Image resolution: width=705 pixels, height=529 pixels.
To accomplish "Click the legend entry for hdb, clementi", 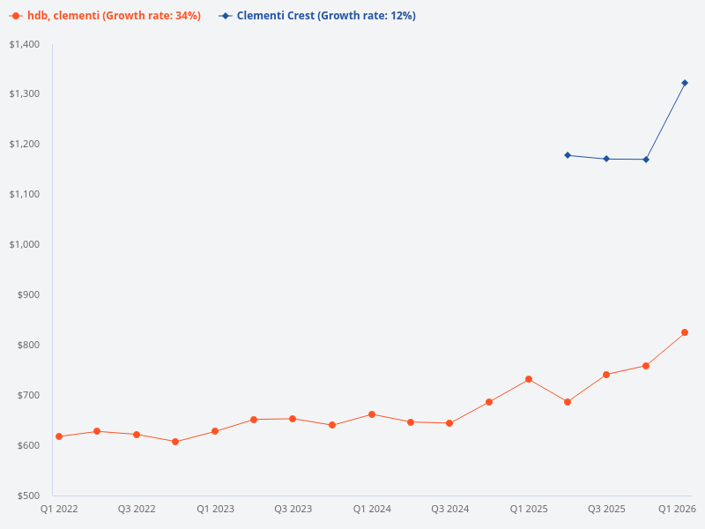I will (106, 16).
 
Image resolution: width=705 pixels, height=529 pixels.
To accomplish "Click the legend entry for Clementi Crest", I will (317, 16).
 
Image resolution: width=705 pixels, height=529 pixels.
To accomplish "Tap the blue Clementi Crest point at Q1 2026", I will (685, 83).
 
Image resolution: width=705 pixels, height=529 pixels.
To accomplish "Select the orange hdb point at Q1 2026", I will (685, 332).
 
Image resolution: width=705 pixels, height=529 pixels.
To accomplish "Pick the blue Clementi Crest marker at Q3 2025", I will (606, 159).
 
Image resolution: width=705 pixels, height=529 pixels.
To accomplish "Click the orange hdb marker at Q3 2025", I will (606, 375).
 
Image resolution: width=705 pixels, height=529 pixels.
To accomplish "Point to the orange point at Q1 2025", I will (529, 379).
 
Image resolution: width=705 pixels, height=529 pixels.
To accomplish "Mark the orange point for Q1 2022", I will (59, 436).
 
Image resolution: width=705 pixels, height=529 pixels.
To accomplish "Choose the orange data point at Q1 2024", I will (372, 414).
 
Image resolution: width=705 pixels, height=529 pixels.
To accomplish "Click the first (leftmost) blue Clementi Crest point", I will (568, 155).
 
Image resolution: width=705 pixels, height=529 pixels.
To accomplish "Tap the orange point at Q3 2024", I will (449, 423).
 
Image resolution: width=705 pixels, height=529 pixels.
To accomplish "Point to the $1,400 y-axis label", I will (25, 44).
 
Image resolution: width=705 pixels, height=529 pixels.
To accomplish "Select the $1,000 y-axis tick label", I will (25, 244).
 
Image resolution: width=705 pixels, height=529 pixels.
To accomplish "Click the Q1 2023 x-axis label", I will (215, 510).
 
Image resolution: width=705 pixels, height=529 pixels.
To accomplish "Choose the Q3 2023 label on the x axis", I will (293, 510).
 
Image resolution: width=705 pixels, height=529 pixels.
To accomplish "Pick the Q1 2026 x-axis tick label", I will (678, 510).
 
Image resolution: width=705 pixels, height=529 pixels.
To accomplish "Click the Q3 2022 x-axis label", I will (137, 510).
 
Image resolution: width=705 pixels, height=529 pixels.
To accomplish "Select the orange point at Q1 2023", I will (215, 431).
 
